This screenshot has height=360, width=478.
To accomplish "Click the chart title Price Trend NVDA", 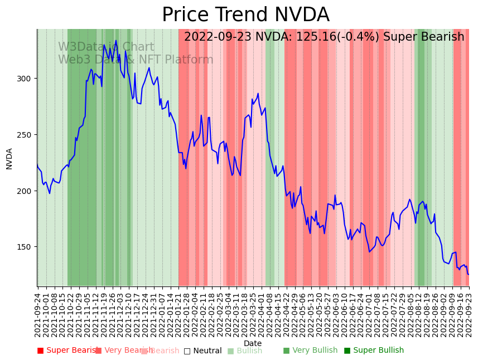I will (245, 15).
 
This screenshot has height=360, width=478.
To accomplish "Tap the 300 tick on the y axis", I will (26, 79).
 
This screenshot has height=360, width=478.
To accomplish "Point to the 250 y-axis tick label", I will (26, 135).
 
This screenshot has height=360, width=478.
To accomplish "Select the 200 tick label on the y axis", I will (26, 191).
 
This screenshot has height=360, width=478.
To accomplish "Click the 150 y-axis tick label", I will (26, 247).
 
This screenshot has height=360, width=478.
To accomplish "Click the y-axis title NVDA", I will (9, 158).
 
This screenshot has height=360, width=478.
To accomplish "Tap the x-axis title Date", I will (252, 343).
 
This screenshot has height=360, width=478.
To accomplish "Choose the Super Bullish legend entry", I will (378, 351).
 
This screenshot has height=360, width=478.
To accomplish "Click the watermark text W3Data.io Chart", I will (106, 47).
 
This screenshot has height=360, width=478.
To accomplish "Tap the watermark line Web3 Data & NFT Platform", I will (136, 60).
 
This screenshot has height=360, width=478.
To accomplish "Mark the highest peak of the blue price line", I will (116, 41).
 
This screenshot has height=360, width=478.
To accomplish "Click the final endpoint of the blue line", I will (469, 274).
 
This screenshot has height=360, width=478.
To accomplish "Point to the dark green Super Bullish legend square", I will (347, 351).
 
